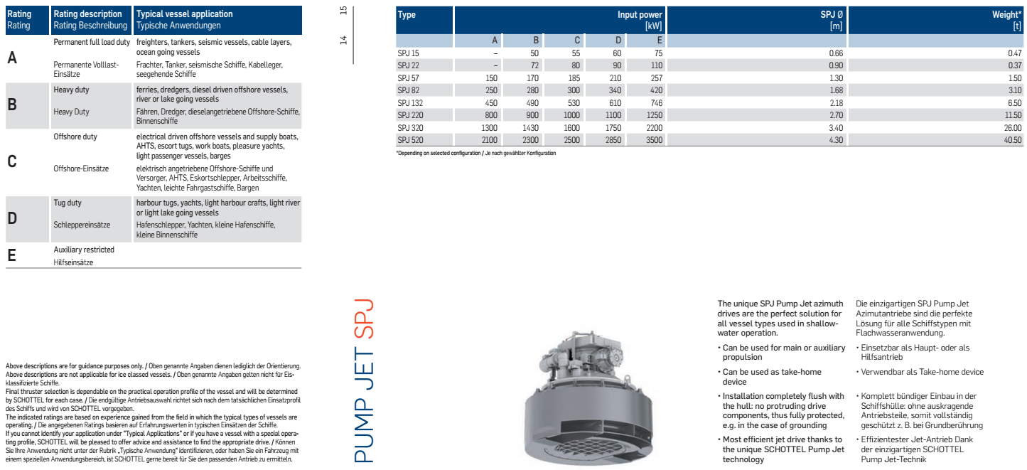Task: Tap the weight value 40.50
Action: pos(1011,141)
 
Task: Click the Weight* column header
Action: pos(1007,14)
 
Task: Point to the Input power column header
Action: pos(640,14)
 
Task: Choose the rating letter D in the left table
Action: pos(12,219)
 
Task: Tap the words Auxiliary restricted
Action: pos(84,250)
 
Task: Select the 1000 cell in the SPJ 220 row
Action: pos(571,115)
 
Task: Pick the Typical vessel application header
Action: pos(184,14)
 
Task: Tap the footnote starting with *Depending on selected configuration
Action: pos(475,154)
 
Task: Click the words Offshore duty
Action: pos(75,137)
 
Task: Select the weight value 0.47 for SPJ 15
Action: pos(1014,53)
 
